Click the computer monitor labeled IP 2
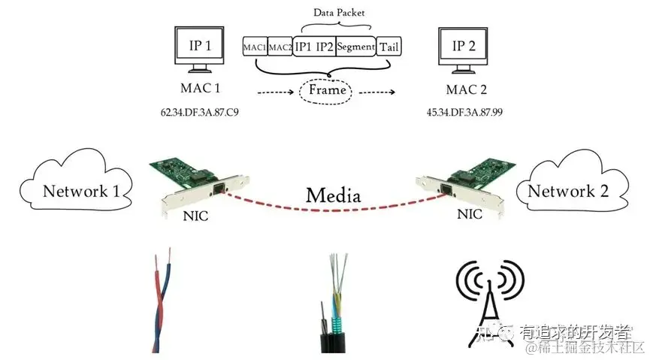coord(464,49)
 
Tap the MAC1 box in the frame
coord(255,47)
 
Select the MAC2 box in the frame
coord(280,47)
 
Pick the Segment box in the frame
coord(355,47)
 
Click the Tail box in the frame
coord(388,47)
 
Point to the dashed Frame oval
coord(328,90)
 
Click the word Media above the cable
coord(333,195)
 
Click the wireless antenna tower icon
coord(488,301)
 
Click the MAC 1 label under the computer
coord(200,89)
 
